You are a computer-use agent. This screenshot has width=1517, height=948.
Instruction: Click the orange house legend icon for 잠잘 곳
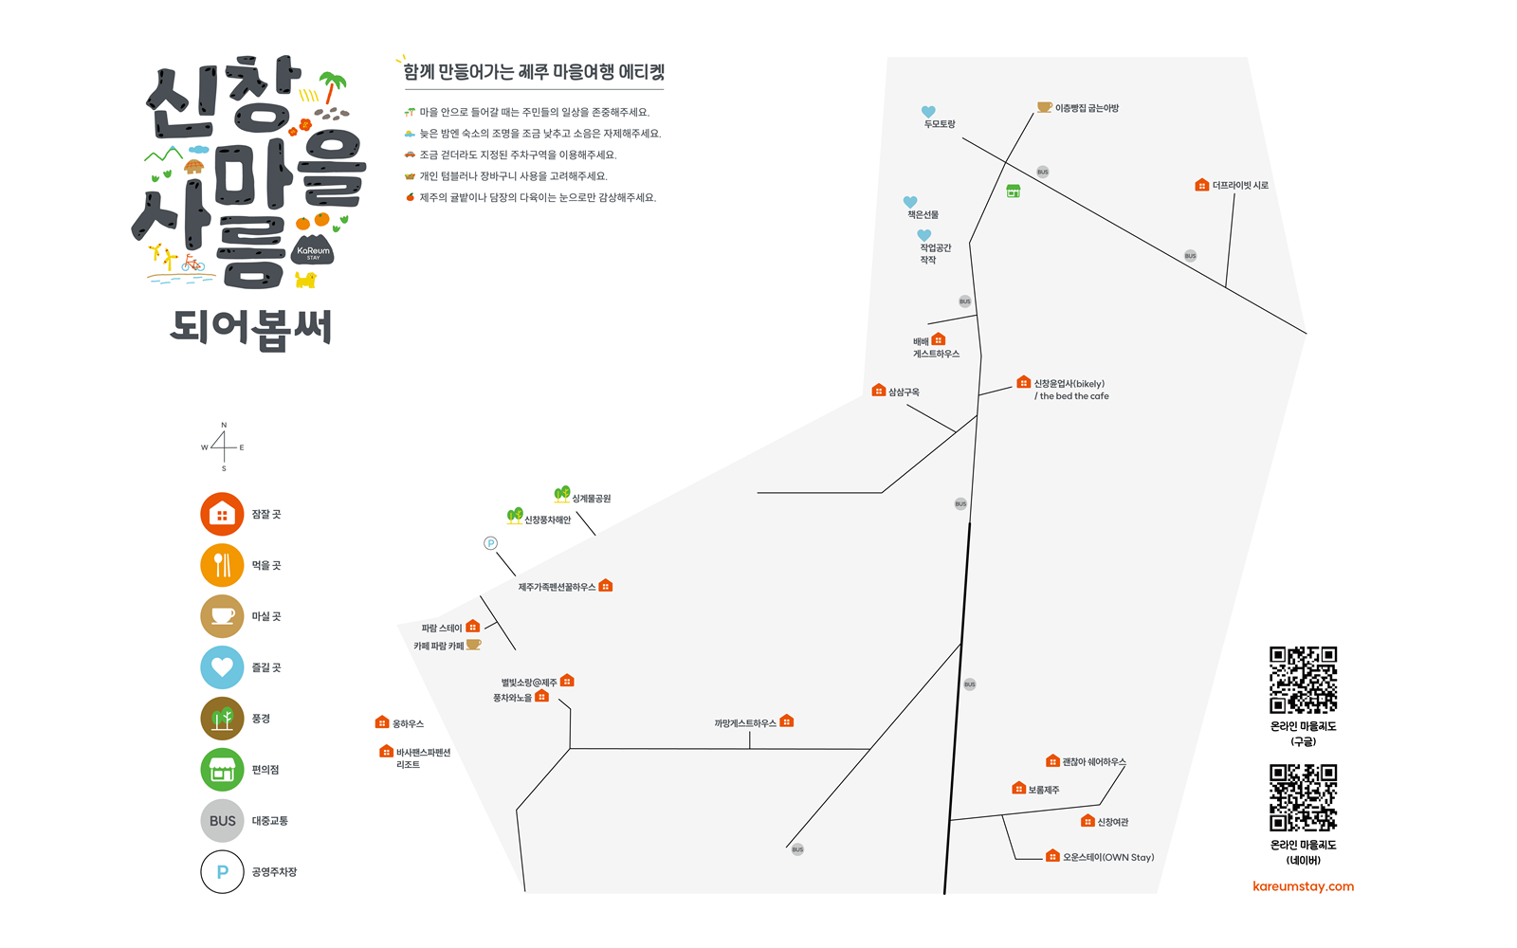coord(222,514)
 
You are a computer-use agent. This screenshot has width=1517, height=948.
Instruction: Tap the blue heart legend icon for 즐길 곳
coord(222,667)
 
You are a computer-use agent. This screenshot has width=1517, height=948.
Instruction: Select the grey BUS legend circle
coord(222,821)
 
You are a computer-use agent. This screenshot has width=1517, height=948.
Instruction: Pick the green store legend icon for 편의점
coord(222,770)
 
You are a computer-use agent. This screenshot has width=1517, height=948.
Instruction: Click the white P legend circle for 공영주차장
coord(222,872)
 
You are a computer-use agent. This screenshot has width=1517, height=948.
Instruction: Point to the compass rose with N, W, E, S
coord(224,447)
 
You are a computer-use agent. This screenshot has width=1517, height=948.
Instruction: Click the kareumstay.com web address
coord(1303,886)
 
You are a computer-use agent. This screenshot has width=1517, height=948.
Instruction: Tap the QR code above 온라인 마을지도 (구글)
coord(1303,680)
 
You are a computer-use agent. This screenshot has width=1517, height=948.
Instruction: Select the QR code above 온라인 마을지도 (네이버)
coord(1303,798)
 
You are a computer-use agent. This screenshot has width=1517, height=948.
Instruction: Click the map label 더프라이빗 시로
coord(1239,186)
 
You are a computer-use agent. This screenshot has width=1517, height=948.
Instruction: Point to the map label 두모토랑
coord(940,124)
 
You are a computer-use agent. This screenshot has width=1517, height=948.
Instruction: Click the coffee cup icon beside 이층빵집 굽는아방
coord(1044,107)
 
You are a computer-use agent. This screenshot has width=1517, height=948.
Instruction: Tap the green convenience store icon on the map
coord(1013,191)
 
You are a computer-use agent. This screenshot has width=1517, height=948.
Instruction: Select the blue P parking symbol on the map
coord(490,543)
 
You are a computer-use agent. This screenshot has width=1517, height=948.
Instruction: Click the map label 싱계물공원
coord(591,499)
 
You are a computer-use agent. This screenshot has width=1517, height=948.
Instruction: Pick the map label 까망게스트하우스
coord(745,723)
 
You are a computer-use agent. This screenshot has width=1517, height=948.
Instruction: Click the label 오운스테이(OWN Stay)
coord(1107,857)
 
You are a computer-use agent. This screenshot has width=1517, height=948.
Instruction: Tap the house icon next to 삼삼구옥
coord(879,391)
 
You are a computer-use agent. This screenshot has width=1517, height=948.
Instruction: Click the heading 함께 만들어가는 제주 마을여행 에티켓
coord(534,72)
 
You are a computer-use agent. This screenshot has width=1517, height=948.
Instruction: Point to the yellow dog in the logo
coord(305,280)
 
